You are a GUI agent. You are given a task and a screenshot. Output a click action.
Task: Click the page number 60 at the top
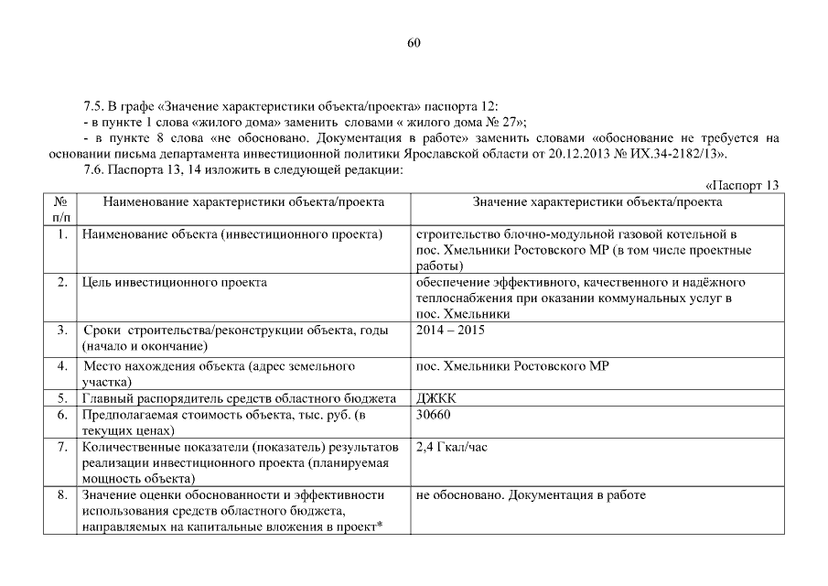pos(414,43)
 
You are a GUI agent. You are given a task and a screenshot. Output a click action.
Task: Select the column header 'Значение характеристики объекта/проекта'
pos(597,201)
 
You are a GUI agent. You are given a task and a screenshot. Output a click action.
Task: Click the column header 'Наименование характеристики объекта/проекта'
pos(243,201)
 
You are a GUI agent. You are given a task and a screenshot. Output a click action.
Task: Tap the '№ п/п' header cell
pos(61,209)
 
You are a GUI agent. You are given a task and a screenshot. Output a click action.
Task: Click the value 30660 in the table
pos(432,414)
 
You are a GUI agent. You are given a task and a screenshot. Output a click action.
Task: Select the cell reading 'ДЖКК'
pos(435,398)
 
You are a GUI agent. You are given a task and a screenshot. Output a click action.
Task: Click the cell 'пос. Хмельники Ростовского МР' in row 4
pos(512,366)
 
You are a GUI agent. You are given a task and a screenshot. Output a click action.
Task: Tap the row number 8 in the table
pos(61,495)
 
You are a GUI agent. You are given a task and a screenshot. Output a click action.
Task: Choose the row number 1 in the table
pos(61,235)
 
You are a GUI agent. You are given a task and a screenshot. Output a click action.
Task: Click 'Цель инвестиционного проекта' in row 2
pos(174,282)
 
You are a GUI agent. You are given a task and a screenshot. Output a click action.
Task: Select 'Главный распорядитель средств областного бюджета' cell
pos(239,398)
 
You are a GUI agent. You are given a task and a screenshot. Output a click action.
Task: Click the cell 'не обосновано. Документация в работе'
pos(530,495)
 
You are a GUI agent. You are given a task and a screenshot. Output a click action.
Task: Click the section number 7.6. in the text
pos(96,169)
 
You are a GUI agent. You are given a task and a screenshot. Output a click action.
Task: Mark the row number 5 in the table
pos(61,398)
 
